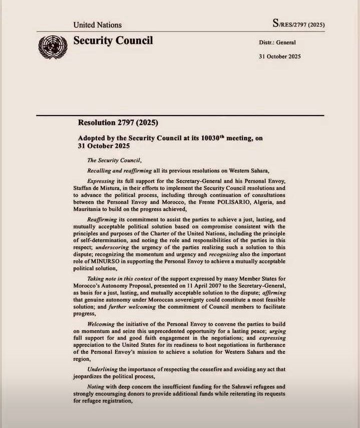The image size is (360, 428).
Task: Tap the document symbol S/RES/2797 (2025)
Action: coord(298,24)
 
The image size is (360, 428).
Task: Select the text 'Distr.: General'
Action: coord(277,43)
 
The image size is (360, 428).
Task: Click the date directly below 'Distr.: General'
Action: coord(279,56)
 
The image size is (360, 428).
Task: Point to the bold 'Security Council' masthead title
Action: coord(113,41)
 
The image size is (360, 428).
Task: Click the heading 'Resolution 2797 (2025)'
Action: coord(118,123)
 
